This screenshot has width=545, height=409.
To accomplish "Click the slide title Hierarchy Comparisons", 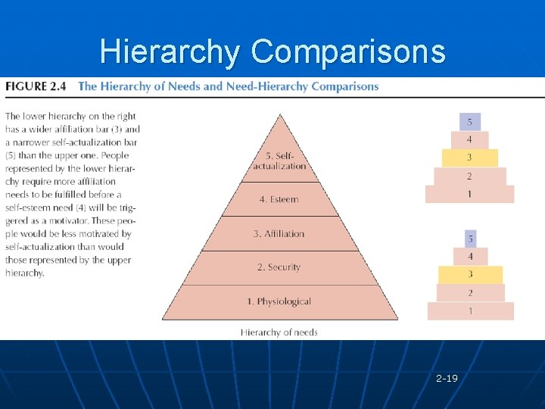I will [272, 52].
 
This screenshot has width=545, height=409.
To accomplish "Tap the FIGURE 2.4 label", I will [36, 86].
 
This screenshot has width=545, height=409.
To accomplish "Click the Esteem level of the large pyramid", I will [279, 200].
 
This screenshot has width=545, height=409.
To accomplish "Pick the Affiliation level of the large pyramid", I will [279, 234].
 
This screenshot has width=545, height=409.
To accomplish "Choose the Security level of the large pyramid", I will [279, 267].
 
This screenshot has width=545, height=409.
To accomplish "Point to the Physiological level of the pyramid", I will [279, 301].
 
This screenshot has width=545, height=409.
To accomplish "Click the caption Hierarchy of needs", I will [279, 332].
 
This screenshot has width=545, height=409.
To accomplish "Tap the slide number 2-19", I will [447, 377].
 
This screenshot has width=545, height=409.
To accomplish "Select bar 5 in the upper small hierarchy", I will [469, 122].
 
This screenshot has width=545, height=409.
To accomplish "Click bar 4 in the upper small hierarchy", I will [469, 140].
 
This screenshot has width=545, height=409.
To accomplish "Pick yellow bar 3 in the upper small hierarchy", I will [469, 158].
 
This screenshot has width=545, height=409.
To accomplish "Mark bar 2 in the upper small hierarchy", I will [469, 176].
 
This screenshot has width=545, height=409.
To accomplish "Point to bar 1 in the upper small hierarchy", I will [469, 194].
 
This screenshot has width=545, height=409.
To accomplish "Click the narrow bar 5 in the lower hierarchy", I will [470, 239].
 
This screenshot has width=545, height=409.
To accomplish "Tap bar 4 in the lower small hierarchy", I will [470, 257].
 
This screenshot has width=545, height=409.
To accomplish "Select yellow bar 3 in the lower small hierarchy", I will [470, 274].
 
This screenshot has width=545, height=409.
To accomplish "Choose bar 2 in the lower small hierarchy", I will [470, 292].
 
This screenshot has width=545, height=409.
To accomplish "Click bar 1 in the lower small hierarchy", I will [470, 311].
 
